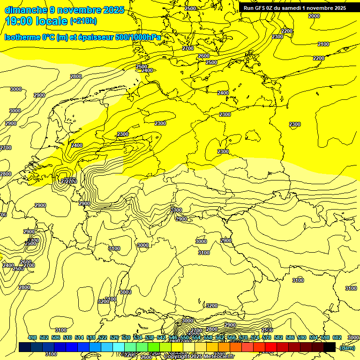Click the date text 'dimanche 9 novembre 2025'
[64, 10]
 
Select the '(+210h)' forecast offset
[83, 21]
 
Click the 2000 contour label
[314, 16]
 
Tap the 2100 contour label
[323, 44]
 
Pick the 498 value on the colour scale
[32, 337]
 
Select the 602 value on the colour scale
[337, 337]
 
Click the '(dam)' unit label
[347, 348]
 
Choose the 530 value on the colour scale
[126, 337]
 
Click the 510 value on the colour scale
[67, 337]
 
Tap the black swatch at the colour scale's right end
[330, 347]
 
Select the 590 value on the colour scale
[302, 337]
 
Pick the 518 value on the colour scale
[91, 337]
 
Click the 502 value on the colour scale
[44, 337]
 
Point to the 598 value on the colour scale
[325, 337]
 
